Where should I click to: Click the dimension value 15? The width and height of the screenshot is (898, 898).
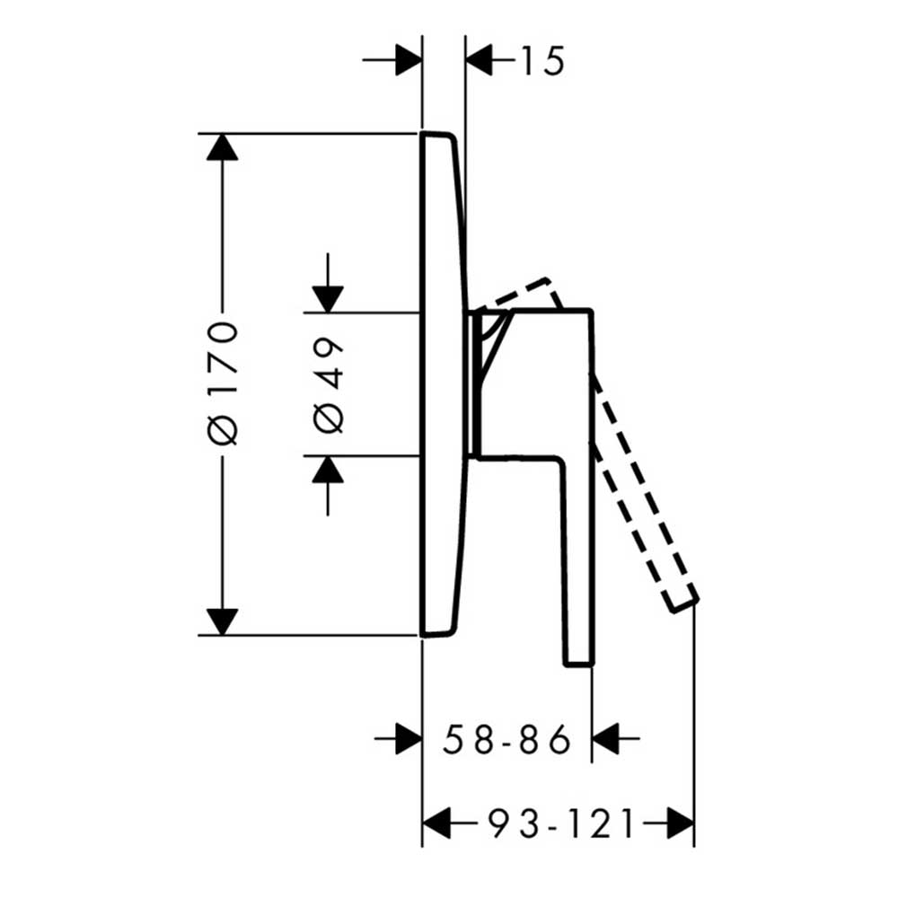pos(542,60)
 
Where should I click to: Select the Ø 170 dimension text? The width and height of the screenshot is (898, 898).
pos(223,383)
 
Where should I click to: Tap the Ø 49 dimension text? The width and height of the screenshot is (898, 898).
pos(329,385)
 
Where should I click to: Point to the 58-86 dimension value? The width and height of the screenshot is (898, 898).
pos(506,739)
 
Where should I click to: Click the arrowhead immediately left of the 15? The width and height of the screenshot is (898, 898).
pos(479,59)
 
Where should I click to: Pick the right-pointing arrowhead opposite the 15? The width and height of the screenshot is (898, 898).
pos(409,59)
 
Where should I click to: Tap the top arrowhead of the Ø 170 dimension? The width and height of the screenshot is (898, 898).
pos(222,147)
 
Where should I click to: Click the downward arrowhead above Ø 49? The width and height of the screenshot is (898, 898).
pos(328,300)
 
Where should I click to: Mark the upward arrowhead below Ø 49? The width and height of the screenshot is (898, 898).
pos(328,470)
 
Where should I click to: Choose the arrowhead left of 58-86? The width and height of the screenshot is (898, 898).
pos(409,739)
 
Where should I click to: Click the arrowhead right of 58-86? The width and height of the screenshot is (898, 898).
pos(604,739)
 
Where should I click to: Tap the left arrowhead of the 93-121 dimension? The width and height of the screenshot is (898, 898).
pos(436,823)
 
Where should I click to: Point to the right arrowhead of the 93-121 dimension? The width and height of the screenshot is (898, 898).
pos(681,823)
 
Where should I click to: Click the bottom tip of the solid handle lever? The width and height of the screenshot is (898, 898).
pos(579,665)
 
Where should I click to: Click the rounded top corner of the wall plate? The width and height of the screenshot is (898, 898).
pos(452,136)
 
